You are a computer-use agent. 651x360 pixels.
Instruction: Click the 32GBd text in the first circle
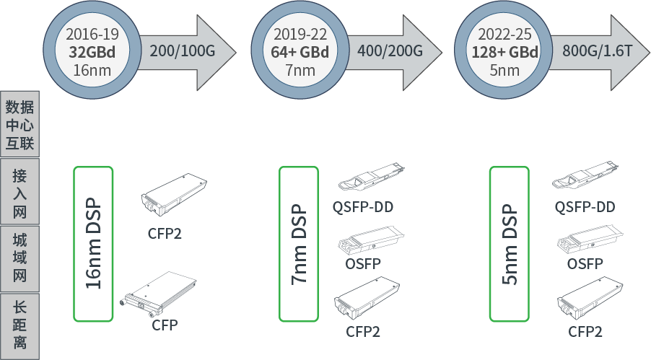tap(92, 52)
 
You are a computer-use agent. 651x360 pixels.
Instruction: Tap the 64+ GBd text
tap(300, 52)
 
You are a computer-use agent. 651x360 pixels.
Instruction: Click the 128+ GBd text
tap(504, 52)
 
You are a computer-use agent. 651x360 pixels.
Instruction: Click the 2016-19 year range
tap(92, 34)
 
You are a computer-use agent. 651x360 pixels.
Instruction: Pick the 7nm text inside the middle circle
tap(300, 70)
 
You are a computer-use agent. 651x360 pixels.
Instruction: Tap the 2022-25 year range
tap(504, 34)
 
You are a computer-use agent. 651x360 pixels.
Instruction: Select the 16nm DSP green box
tap(93, 243)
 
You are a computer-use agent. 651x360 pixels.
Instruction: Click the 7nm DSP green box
tap(299, 243)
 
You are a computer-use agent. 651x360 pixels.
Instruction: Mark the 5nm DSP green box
tap(510, 243)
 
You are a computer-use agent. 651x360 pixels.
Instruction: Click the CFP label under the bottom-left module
tap(165, 325)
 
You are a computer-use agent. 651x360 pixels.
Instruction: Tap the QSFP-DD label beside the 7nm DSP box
tap(363, 208)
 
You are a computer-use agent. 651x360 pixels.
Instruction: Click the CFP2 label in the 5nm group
tap(585, 331)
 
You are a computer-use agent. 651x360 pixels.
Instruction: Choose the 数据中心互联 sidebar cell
tap(19, 124)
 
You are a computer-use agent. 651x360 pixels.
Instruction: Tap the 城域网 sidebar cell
tap(19, 258)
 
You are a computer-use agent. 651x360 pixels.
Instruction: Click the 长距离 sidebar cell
tap(19, 325)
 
